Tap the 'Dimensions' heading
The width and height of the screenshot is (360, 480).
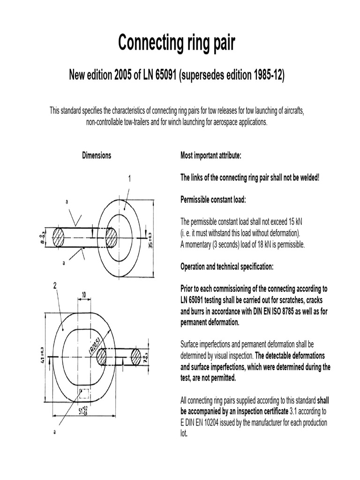[x=97, y=156]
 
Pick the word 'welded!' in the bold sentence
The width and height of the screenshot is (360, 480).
[x=307, y=178]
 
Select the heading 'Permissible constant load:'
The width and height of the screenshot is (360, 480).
[x=213, y=200]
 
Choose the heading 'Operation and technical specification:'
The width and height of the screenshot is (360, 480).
[x=227, y=267]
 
